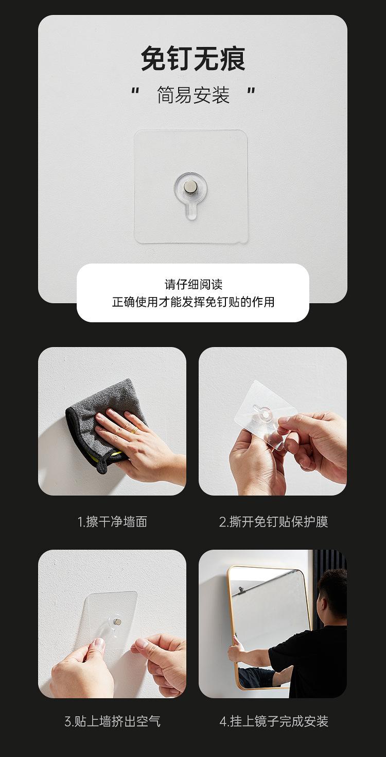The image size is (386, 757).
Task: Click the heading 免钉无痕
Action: click(x=193, y=59)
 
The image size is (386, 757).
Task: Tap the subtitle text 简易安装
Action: click(x=193, y=95)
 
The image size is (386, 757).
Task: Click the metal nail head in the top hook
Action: click(x=191, y=186)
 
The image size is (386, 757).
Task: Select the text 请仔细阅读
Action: click(x=193, y=284)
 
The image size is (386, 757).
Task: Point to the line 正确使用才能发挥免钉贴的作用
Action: click(x=193, y=302)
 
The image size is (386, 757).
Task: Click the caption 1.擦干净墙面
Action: click(x=112, y=521)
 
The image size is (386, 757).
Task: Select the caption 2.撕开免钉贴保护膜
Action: click(x=273, y=521)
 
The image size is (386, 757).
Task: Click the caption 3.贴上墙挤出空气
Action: click(x=112, y=721)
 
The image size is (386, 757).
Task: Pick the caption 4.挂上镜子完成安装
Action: click(x=273, y=721)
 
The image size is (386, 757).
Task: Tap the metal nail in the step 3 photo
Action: click(x=117, y=622)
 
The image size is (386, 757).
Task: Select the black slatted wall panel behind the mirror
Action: click(x=329, y=562)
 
